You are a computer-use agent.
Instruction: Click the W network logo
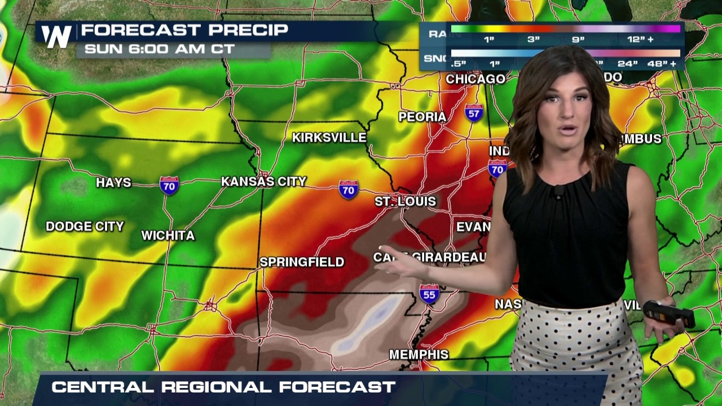coord(56,36)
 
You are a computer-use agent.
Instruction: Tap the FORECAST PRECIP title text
coord(184,30)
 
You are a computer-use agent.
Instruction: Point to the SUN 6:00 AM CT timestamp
coord(159,49)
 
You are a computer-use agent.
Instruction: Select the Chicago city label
coord(476,79)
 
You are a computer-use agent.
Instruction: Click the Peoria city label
coord(422,117)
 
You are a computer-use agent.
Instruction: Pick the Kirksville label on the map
coord(329,138)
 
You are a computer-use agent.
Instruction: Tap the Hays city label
coord(113,183)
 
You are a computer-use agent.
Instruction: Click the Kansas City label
coord(263,182)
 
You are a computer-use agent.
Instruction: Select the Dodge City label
coord(85,226)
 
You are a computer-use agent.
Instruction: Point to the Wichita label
coord(168,235)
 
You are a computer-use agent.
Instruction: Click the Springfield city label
coord(302,262)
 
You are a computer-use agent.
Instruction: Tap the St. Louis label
coord(406,201)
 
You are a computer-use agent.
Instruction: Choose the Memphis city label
coord(419,355)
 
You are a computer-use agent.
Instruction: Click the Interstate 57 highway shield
coord(474,113)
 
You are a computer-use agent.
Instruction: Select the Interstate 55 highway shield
coord(429,294)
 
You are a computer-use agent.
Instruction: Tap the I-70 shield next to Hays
coord(169,185)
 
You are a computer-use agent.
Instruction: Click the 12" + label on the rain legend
coord(640,40)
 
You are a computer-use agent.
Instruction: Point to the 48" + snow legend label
coord(662,64)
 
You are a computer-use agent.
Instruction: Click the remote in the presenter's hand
coord(669,314)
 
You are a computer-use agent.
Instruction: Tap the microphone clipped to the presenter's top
coord(558,192)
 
